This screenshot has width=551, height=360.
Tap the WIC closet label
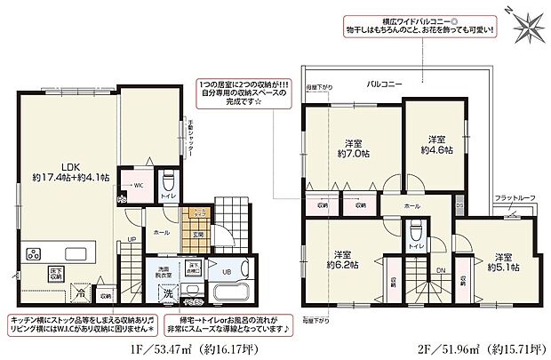click(x=138, y=186)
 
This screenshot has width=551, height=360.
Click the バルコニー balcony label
click(x=385, y=83)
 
